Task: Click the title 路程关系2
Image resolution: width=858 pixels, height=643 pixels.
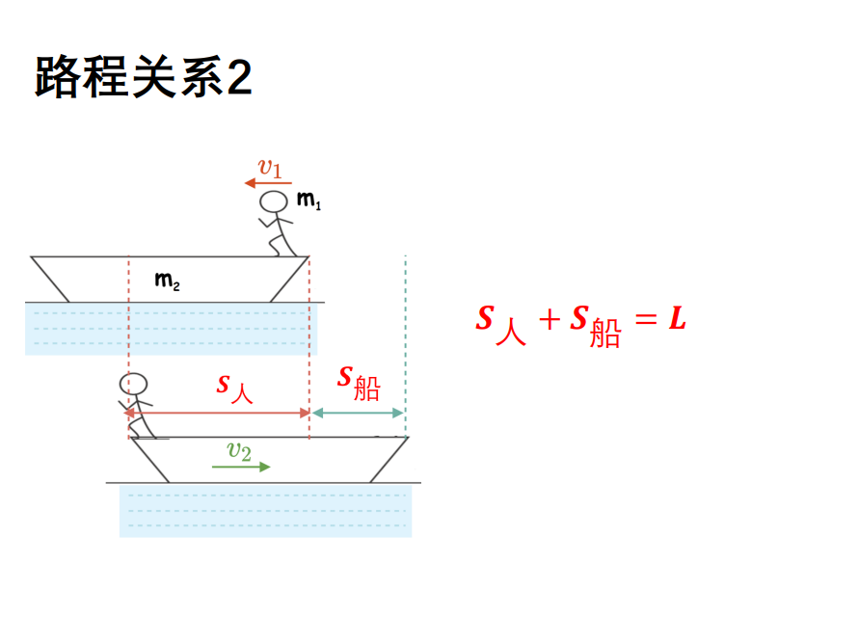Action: click(x=144, y=77)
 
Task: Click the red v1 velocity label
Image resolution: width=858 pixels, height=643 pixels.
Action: click(x=270, y=169)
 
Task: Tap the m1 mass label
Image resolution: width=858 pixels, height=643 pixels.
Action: click(x=308, y=201)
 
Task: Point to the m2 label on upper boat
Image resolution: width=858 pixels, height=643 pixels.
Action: click(x=167, y=281)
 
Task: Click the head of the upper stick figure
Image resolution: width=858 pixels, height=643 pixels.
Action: click(x=276, y=201)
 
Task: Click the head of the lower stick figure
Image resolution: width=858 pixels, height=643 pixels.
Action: click(x=138, y=385)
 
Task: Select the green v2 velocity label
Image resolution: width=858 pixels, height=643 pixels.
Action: click(x=239, y=451)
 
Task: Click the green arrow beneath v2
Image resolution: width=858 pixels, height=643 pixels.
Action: click(x=241, y=467)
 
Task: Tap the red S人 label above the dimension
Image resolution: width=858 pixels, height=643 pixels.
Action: click(x=234, y=387)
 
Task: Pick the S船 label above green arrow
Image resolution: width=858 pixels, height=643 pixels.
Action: click(x=358, y=383)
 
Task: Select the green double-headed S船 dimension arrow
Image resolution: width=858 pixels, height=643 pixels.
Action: click(x=358, y=413)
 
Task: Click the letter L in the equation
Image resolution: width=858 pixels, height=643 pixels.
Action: click(x=677, y=319)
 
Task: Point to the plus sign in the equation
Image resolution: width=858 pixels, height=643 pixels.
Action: click(x=549, y=320)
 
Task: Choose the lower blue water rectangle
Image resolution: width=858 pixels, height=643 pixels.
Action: click(x=265, y=511)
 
